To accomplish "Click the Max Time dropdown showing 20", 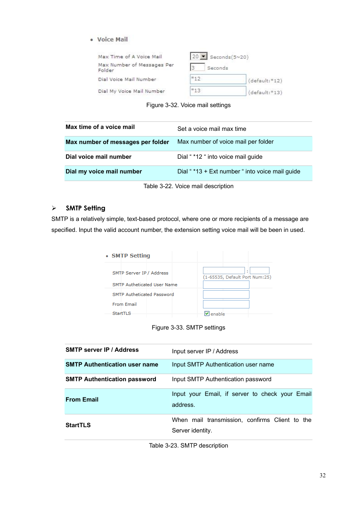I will pyautogui.click(x=198, y=57).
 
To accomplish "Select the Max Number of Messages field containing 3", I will pyautogui.click(x=197, y=67).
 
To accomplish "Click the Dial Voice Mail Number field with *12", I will pyautogui.click(x=218, y=79).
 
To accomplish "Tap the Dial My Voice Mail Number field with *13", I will pyautogui.click(x=218, y=91).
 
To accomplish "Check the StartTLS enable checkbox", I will pyautogui.click(x=207, y=313).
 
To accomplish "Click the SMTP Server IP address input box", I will pyautogui.click(x=224, y=271).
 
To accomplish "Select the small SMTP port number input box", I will pyautogui.click(x=259, y=271).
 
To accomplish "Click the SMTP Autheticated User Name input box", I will pyautogui.click(x=226, y=285).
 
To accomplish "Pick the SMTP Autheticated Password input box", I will pyautogui.click(x=226, y=294).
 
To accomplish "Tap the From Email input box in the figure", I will pyautogui.click(x=226, y=304).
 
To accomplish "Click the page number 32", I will pyautogui.click(x=322, y=475).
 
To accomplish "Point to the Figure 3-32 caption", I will pyautogui.click(x=188, y=105).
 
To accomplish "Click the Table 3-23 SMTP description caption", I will pyautogui.click(x=188, y=446).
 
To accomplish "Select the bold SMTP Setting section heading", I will pyautogui.click(x=85, y=208).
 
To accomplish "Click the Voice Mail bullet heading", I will pyautogui.click(x=112, y=40).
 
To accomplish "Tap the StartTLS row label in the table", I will pyautogui.click(x=78, y=425).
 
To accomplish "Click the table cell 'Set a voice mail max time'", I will pyautogui.click(x=212, y=129).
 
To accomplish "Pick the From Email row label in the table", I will pyautogui.click(x=82, y=400).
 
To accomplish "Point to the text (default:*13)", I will pyautogui.click(x=265, y=92).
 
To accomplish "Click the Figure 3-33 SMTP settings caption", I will pyautogui.click(x=188, y=328).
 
